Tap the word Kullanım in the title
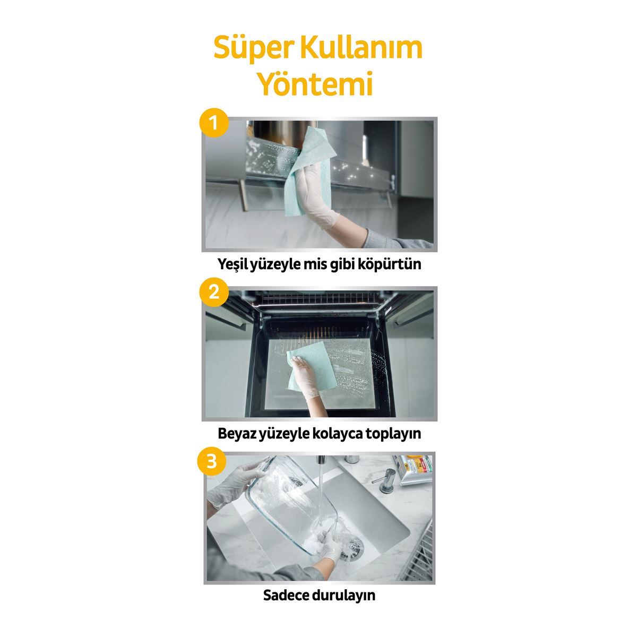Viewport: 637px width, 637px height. tap(360, 48)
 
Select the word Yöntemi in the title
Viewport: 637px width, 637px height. tap(315, 83)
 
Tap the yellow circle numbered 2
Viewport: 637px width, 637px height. tap(213, 291)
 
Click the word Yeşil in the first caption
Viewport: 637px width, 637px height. tap(233, 264)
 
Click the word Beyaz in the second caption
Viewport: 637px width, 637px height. tap(237, 433)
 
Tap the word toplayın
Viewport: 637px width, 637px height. tap(394, 433)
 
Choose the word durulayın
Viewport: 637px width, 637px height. tap(347, 595)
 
